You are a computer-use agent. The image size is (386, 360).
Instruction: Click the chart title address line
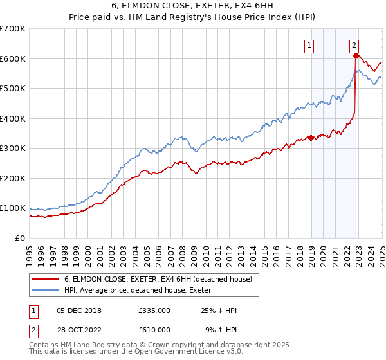(192, 7)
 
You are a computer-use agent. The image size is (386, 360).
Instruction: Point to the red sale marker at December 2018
(311, 138)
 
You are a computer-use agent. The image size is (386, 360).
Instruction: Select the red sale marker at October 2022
(356, 56)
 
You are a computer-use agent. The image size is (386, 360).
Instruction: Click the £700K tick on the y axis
(13, 29)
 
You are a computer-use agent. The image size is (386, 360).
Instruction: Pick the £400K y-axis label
(13, 118)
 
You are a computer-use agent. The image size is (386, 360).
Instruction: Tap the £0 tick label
(20, 238)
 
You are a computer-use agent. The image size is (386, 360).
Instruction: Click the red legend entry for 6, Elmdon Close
(161, 278)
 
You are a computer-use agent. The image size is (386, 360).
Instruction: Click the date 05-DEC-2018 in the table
(79, 310)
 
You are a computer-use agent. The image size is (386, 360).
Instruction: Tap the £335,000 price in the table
(154, 310)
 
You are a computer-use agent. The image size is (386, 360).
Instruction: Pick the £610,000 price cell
(154, 329)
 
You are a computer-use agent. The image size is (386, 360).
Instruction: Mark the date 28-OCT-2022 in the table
(79, 329)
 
